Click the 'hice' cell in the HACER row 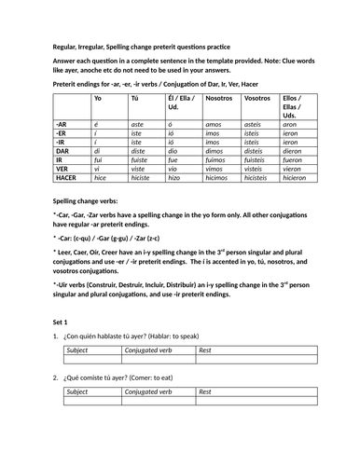pos(100,176)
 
